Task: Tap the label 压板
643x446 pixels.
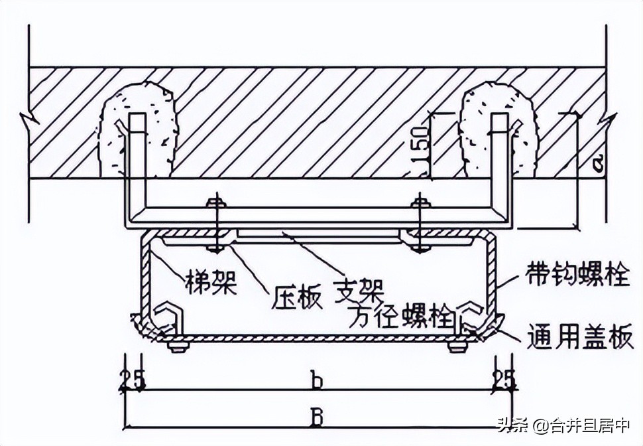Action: pos(297,297)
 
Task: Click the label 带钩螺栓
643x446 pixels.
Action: pos(576,274)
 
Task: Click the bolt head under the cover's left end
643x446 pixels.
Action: pos(177,347)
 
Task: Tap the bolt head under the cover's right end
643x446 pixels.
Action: pos(455,347)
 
